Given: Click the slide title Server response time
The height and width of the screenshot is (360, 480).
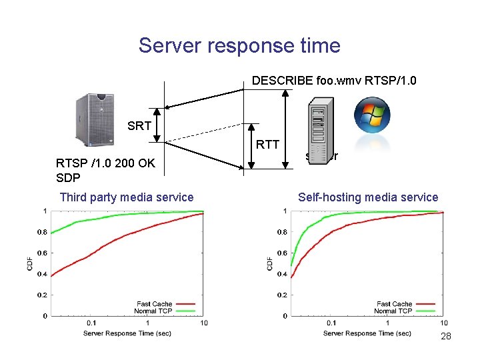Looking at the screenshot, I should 239,45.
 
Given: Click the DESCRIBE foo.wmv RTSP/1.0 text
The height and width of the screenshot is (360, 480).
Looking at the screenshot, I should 334,81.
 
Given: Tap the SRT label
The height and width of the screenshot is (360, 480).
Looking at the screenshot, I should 139,126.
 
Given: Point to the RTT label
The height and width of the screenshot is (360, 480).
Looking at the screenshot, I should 267,144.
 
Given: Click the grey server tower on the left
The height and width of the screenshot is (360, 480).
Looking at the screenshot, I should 94,119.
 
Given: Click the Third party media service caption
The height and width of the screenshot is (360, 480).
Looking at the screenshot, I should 127,197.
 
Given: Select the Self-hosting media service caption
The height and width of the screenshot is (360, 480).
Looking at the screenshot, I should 368,197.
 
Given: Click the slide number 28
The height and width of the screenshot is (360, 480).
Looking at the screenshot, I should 446,336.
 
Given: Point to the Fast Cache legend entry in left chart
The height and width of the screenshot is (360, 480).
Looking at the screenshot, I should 154,304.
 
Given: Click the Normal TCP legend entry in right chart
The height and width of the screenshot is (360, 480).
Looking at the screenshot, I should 394,311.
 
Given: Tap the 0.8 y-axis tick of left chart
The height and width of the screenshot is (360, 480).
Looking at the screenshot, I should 41,233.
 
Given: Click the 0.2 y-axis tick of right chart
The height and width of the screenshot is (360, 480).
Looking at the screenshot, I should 282,295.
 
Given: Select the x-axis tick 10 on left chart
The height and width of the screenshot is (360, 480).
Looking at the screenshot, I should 204,323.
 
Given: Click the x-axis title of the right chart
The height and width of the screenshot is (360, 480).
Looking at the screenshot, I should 367,333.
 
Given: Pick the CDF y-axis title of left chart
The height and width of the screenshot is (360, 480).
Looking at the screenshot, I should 29,264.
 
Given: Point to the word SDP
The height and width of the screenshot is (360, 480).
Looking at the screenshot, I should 68,178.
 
